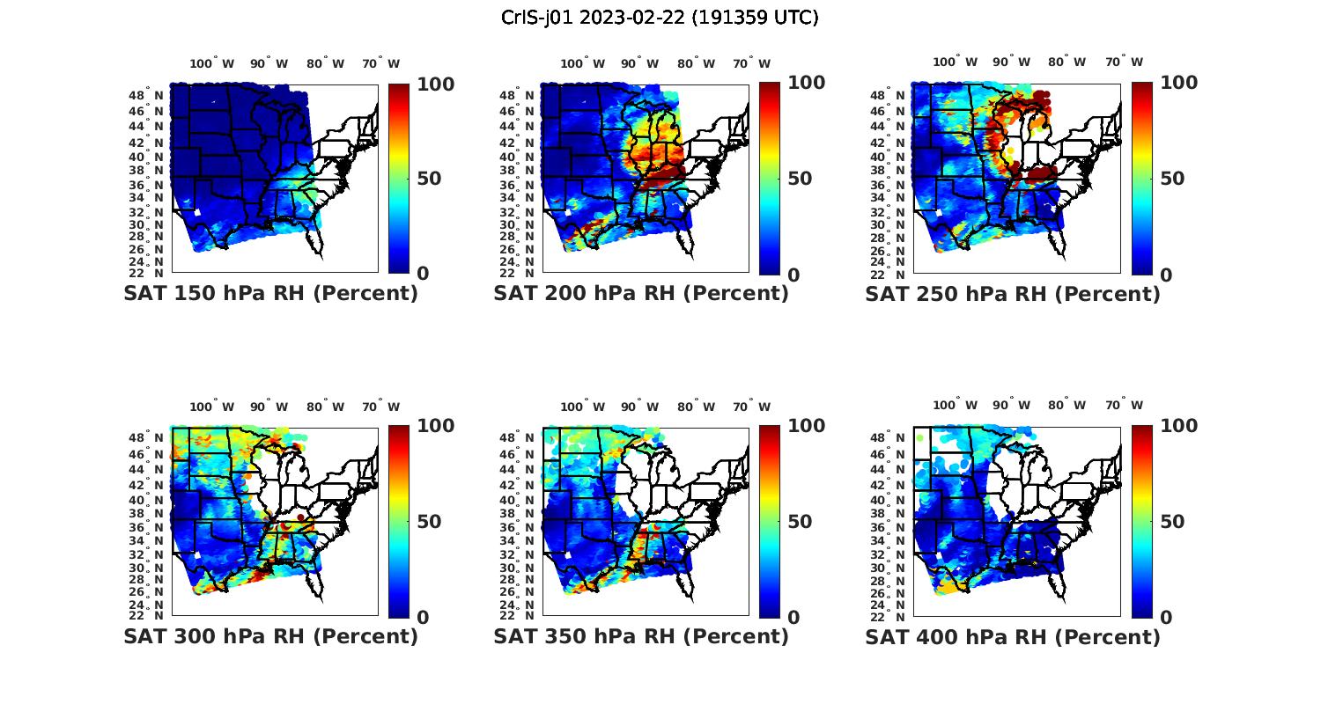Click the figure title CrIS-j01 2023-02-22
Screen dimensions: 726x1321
[x=660, y=18]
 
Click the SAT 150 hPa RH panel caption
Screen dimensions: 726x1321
[x=270, y=294]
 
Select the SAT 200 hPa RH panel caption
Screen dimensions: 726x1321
[x=641, y=294]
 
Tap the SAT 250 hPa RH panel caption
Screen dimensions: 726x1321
[x=1013, y=294]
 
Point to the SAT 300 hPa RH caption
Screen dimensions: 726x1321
[x=270, y=636]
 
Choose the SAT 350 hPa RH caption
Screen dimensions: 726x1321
[x=641, y=636]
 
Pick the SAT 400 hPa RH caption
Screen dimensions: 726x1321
[x=1013, y=636]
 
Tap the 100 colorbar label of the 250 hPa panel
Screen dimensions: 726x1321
[x=1178, y=83]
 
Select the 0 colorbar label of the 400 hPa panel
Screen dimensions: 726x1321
[x=1167, y=618]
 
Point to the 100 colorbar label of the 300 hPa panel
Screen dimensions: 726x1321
[x=435, y=426]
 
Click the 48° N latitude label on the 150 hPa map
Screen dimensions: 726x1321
[x=151, y=95]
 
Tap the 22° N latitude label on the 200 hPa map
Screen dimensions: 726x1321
[x=521, y=274]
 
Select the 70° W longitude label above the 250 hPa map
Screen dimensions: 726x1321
[x=1125, y=62]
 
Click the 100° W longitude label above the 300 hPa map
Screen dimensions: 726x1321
[x=212, y=407]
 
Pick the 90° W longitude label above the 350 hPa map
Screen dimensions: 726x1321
[x=639, y=407]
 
